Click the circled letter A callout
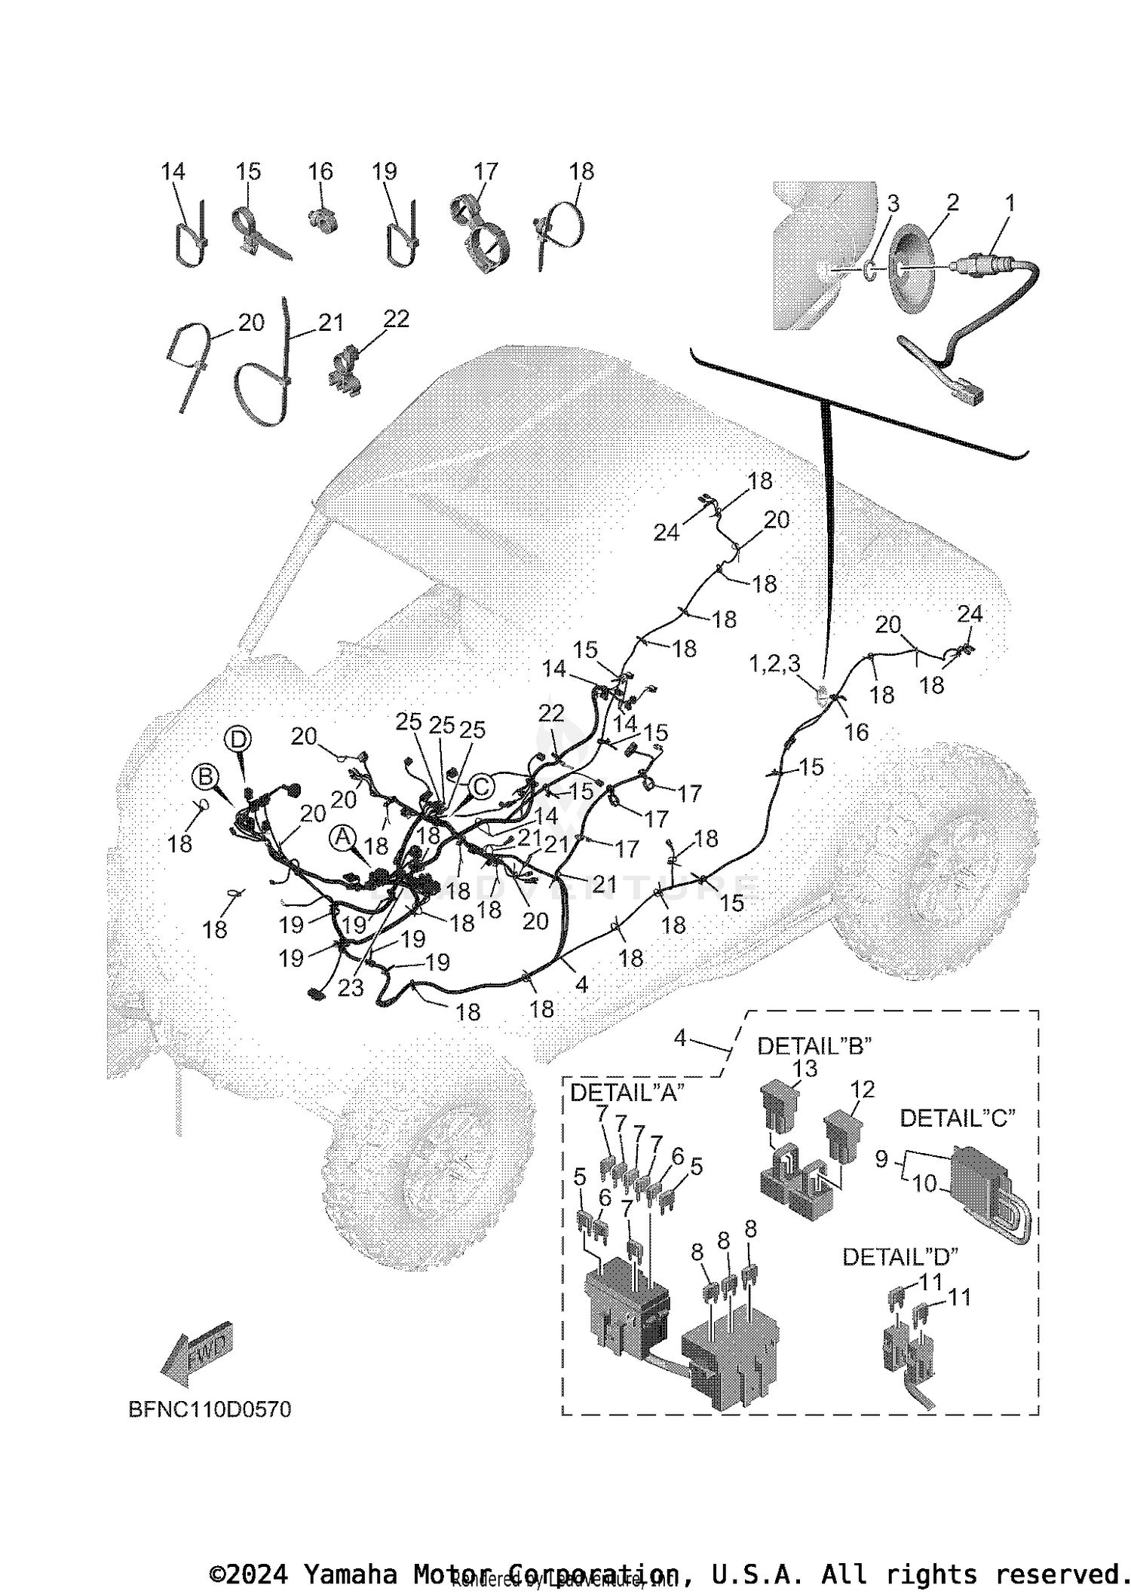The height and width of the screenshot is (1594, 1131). point(343,836)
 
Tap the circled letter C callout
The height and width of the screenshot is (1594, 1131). point(481,787)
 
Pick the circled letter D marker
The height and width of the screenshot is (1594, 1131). point(238,739)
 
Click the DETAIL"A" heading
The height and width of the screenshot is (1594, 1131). point(627,1092)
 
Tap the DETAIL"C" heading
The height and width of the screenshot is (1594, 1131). point(957,1118)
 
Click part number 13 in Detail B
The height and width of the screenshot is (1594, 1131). point(805,1068)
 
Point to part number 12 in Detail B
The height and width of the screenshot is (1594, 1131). point(862,1089)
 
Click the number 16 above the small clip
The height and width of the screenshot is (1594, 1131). point(320,172)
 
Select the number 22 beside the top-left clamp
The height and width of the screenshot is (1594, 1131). point(396,319)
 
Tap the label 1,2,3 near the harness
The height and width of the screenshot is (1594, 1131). point(774,664)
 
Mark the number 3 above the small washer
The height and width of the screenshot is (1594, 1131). point(893,203)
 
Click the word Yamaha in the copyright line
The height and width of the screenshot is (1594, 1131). point(350,1574)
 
